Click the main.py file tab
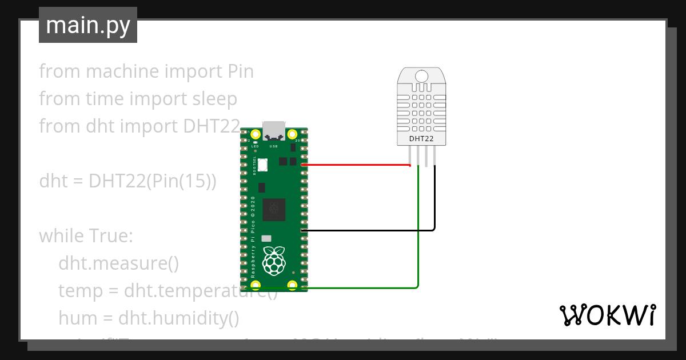87,25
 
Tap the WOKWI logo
607,315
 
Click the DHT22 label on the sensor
422,138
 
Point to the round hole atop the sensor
422,76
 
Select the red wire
354,165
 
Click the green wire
419,240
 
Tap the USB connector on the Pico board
273,131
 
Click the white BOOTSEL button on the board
262,164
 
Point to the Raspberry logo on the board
273,261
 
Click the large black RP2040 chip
273,210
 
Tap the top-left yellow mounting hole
256,135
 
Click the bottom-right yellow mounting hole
292,285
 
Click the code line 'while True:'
86,235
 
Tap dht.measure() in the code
118,263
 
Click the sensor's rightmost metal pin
435,155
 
